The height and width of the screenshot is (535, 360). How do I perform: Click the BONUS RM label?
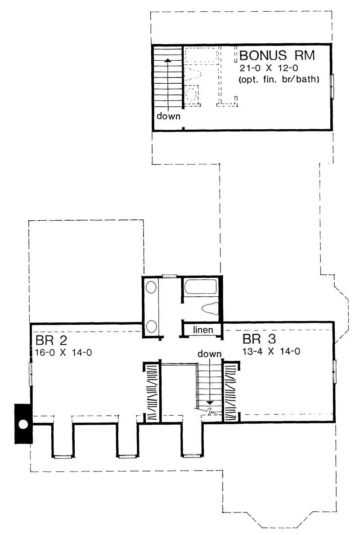tap(277, 56)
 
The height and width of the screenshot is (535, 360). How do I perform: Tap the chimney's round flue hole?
tap(23, 424)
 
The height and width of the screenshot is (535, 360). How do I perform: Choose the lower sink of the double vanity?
tap(151, 325)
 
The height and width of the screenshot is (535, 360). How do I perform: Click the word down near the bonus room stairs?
tap(168, 117)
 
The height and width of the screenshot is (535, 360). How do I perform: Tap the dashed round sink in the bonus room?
tap(192, 95)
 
